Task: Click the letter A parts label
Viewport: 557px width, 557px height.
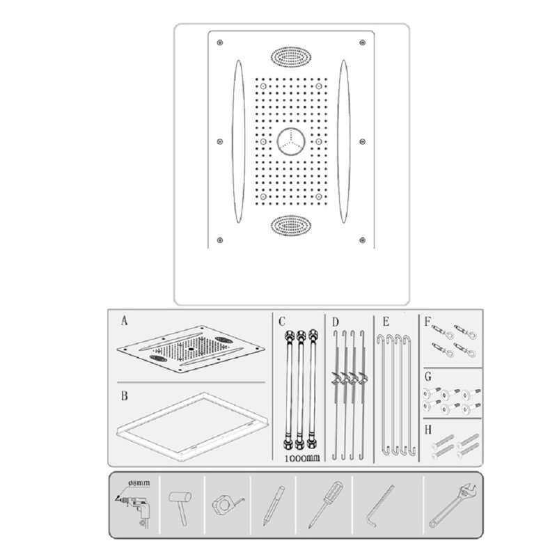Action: tap(124, 321)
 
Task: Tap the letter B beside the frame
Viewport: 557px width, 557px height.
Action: tap(125, 395)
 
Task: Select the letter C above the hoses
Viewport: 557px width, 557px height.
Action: tap(282, 322)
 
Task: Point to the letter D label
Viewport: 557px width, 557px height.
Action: tap(336, 322)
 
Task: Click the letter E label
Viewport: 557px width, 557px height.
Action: tap(386, 322)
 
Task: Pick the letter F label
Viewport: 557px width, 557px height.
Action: tap(427, 322)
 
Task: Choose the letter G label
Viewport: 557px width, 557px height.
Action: tap(428, 377)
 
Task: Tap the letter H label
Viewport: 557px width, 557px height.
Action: tap(428, 430)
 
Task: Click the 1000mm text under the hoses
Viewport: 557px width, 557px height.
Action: tap(302, 458)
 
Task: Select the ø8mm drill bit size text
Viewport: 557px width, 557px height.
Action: tap(139, 483)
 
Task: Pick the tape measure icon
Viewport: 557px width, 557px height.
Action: tap(228, 504)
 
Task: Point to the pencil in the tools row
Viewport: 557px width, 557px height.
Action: tap(274, 506)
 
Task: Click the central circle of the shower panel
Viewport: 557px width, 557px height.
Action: tap(291, 142)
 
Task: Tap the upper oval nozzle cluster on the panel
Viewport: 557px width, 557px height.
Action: tap(291, 57)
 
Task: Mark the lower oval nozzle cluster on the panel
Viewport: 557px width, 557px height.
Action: tap(291, 225)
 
